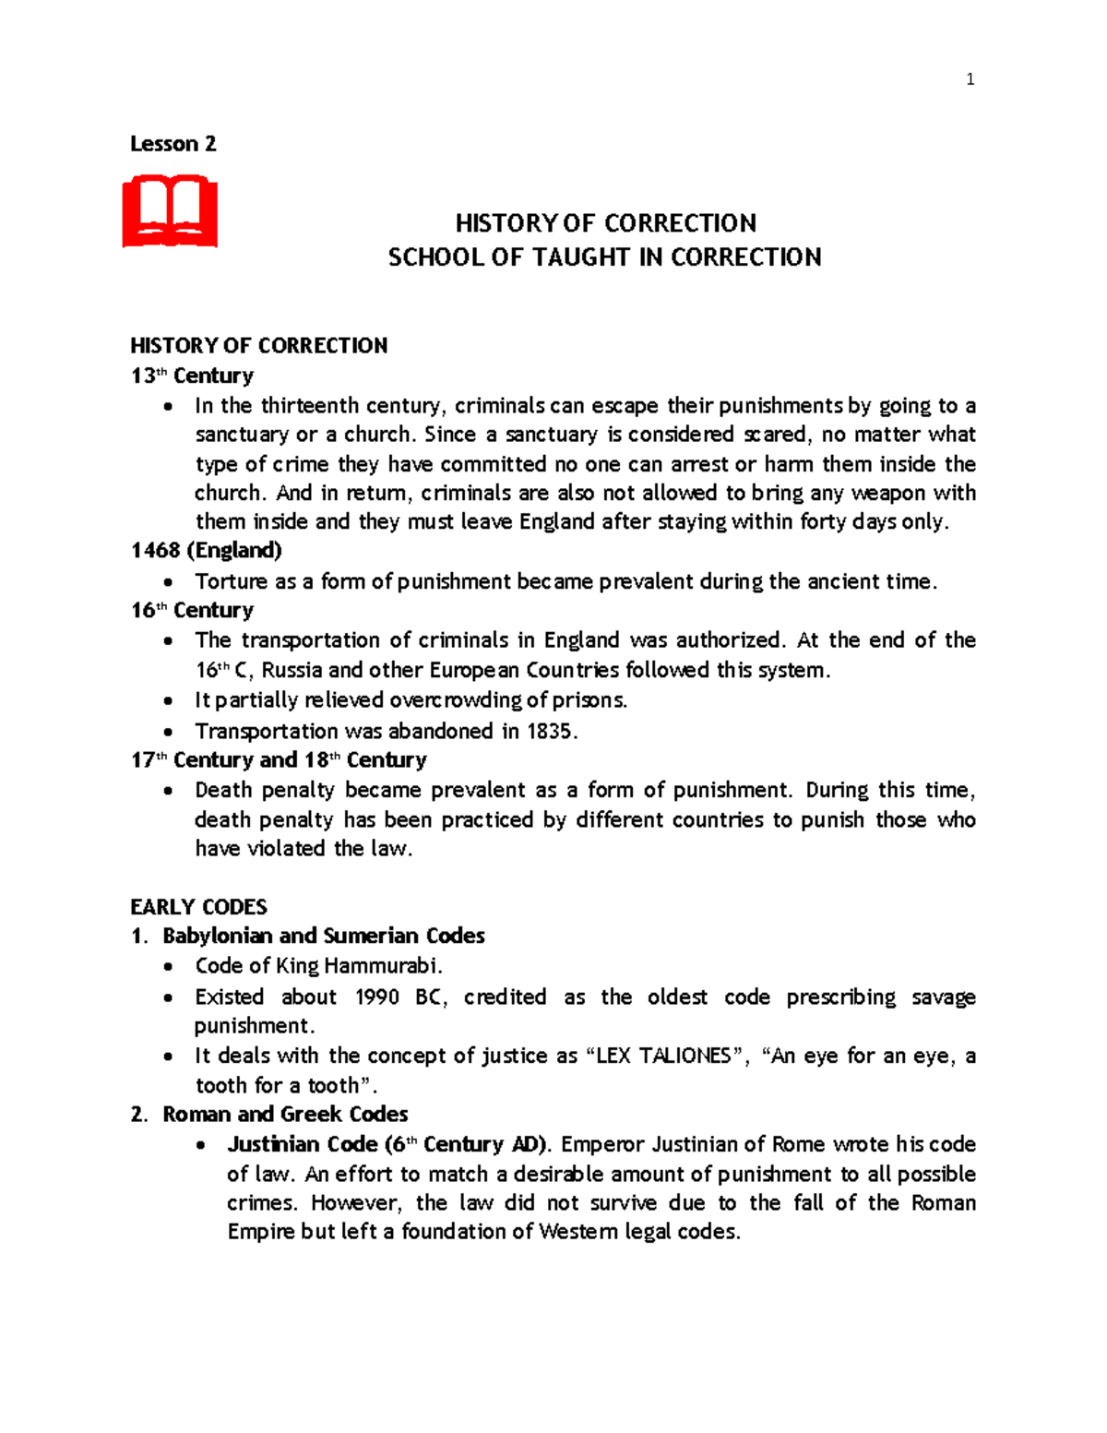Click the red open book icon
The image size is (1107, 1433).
coord(170,211)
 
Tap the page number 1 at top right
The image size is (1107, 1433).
coord(970,79)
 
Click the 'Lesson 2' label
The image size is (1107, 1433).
coord(173,144)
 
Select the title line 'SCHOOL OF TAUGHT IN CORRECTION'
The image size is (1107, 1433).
coord(604,257)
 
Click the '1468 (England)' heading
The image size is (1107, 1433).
coord(206,551)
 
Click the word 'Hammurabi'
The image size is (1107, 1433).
coord(382,966)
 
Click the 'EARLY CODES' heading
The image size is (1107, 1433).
coord(198,907)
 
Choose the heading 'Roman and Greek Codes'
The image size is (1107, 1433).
coord(285,1115)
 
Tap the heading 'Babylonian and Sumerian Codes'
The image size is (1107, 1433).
coord(323,937)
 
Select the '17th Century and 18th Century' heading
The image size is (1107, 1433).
coord(279,760)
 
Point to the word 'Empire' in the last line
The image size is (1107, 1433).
coord(261,1232)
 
